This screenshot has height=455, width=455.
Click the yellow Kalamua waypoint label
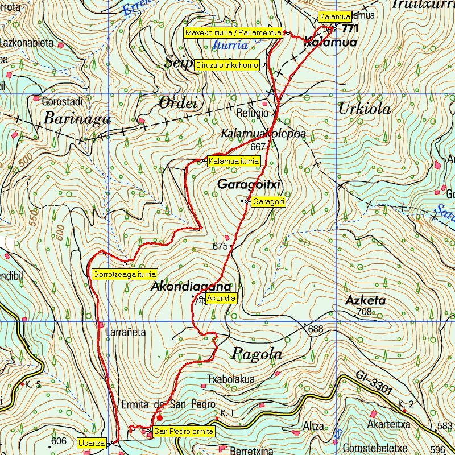coord(334,17)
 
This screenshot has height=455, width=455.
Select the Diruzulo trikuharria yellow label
coord(227,65)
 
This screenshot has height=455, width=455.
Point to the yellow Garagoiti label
coord(268,201)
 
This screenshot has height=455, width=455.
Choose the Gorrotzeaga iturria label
coord(124,274)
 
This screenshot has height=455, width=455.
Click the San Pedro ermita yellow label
coord(184,432)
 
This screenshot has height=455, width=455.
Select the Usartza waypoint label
coord(92,442)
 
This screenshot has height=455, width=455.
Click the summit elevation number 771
coord(351,28)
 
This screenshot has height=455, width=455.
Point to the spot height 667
coord(258,146)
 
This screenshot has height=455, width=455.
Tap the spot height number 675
coord(220,246)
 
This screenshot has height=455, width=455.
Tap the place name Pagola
coord(257,354)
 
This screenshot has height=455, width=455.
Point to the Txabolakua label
coord(231,379)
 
